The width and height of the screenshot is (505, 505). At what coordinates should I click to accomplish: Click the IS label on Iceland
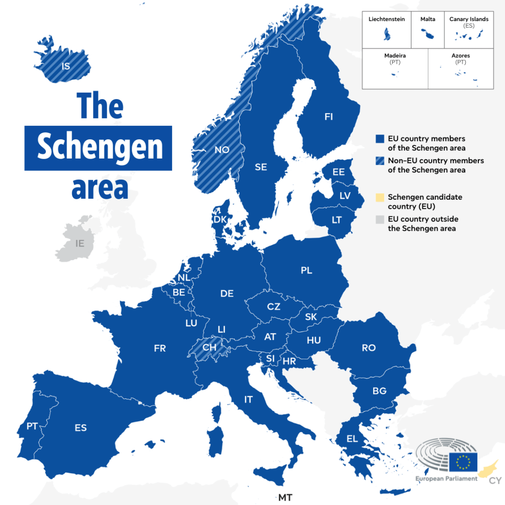coord(66,66)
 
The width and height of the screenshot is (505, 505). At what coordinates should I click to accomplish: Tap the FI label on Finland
coord(329,117)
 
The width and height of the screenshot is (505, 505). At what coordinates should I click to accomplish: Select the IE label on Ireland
coord(80,243)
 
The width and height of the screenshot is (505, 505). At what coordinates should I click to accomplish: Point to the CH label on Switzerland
coord(209,347)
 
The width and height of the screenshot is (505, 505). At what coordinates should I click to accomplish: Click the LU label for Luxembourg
coord(191,323)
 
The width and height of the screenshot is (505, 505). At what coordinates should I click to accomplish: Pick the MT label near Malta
coord(285,498)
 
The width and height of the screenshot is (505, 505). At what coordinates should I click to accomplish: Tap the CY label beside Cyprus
coord(495,481)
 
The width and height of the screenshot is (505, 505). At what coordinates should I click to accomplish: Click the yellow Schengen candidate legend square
coord(380,197)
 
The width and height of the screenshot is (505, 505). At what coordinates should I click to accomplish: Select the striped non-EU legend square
coord(380,161)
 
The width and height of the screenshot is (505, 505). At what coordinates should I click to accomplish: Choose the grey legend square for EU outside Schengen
coord(380,219)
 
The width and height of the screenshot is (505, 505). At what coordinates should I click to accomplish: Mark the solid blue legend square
coord(380,139)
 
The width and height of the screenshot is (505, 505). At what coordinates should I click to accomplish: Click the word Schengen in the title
coord(99,148)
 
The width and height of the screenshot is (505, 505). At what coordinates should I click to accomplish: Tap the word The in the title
coord(100,106)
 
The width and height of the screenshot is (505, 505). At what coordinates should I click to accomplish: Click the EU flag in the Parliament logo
coord(463,462)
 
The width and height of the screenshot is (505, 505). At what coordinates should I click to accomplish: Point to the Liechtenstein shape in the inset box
coord(387,34)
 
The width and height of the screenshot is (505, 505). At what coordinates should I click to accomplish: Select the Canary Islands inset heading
coord(469,19)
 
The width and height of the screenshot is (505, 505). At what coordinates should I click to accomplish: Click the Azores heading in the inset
coord(460,55)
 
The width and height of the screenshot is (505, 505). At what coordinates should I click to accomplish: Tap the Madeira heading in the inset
coord(395,55)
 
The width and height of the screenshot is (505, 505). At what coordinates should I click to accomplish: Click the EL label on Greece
coord(352,439)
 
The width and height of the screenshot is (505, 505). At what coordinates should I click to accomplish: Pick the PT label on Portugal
coord(32,426)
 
